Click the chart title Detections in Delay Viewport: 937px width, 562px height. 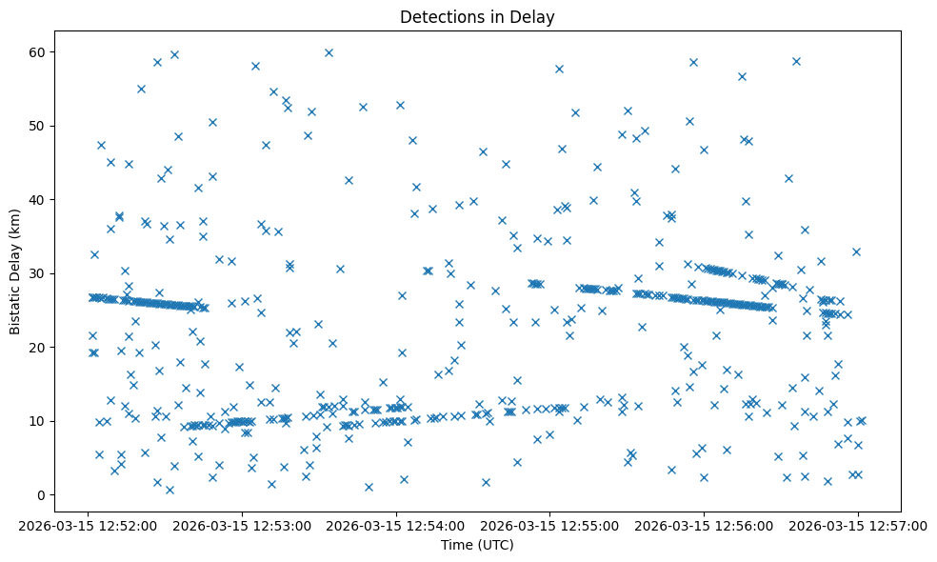[x=477, y=17]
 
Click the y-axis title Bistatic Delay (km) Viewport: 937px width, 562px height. [x=15, y=271]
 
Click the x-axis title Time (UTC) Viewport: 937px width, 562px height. [x=477, y=545]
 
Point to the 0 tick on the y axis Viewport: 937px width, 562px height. [x=43, y=495]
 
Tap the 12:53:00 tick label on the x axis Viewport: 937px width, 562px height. [x=243, y=526]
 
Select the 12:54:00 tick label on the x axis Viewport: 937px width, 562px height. [x=397, y=526]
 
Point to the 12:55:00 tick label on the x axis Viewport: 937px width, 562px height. [x=550, y=526]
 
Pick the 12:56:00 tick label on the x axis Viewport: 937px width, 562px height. [x=705, y=526]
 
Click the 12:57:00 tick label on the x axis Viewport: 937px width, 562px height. [x=858, y=526]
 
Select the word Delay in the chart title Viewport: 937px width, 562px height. [x=535, y=17]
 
